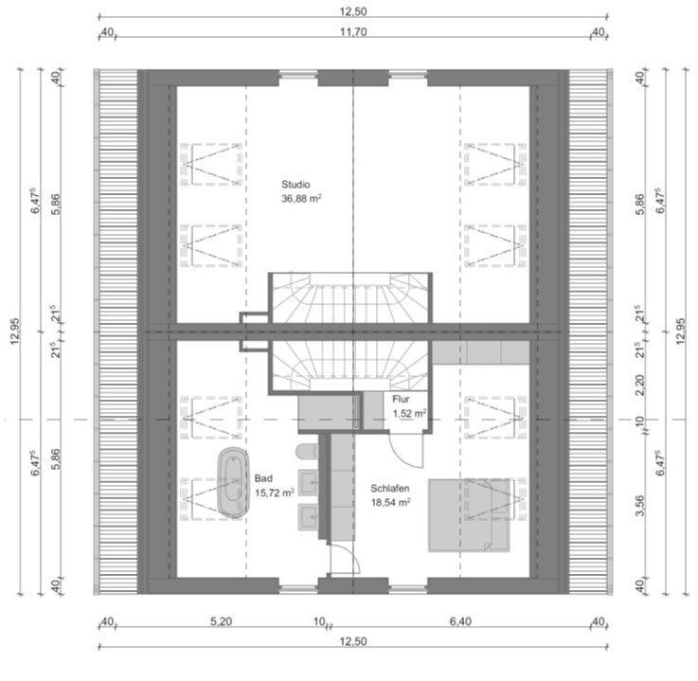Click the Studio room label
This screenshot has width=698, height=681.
click(295, 185)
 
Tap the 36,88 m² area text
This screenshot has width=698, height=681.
click(301, 199)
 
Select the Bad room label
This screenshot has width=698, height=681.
click(263, 478)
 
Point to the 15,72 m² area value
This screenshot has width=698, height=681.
click(275, 493)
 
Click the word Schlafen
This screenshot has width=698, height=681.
click(390, 489)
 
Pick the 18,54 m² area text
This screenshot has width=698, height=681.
click(391, 503)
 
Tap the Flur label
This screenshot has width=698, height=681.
click(401, 400)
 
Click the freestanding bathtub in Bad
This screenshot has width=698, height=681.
click(233, 482)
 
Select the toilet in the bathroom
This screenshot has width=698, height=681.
click(306, 452)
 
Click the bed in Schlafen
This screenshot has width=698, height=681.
click(469, 515)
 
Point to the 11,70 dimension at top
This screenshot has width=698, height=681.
click(353, 32)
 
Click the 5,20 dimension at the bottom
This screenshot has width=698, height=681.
click(222, 621)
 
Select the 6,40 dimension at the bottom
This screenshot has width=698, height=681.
click(460, 621)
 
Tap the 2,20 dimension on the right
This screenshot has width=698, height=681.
click(639, 385)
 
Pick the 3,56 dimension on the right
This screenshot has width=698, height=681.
click(639, 506)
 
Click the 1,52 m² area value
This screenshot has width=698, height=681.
click(409, 414)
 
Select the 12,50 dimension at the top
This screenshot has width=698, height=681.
click(353, 11)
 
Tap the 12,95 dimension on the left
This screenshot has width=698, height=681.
click(15, 332)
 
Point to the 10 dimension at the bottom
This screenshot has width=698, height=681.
click(319, 621)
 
